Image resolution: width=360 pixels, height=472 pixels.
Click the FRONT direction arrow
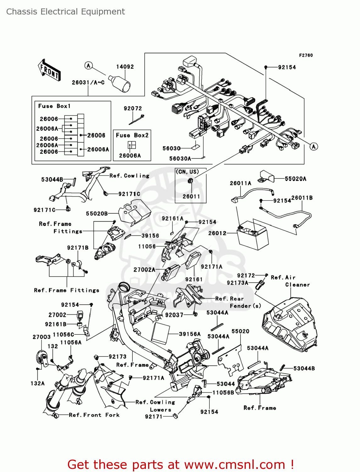[49, 70]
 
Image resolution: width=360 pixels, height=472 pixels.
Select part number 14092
[125, 67]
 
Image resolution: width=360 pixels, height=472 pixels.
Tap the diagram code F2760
[306, 55]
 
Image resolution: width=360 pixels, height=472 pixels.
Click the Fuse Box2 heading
[132, 135]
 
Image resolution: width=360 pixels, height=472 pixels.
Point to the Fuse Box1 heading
[54, 106]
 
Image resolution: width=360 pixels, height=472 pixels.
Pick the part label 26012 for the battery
[217, 233]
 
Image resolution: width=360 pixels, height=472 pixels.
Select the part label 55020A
[295, 179]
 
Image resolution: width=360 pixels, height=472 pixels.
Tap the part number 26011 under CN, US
[191, 196]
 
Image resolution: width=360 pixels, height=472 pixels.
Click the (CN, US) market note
[187, 172]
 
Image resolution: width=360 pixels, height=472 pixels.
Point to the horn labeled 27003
[42, 357]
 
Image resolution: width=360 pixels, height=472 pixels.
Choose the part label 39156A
[190, 334]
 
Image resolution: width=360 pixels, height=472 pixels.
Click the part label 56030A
[180, 159]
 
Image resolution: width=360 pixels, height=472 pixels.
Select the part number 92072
[133, 109]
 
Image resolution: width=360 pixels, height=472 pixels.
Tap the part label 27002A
[144, 270]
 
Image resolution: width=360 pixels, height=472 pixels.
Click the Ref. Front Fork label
[94, 415]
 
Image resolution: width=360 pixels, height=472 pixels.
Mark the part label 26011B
[302, 198]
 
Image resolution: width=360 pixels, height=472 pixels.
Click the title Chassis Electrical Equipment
[65, 12]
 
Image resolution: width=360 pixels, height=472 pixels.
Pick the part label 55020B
[97, 214]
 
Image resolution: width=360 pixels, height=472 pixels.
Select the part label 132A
[37, 383]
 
